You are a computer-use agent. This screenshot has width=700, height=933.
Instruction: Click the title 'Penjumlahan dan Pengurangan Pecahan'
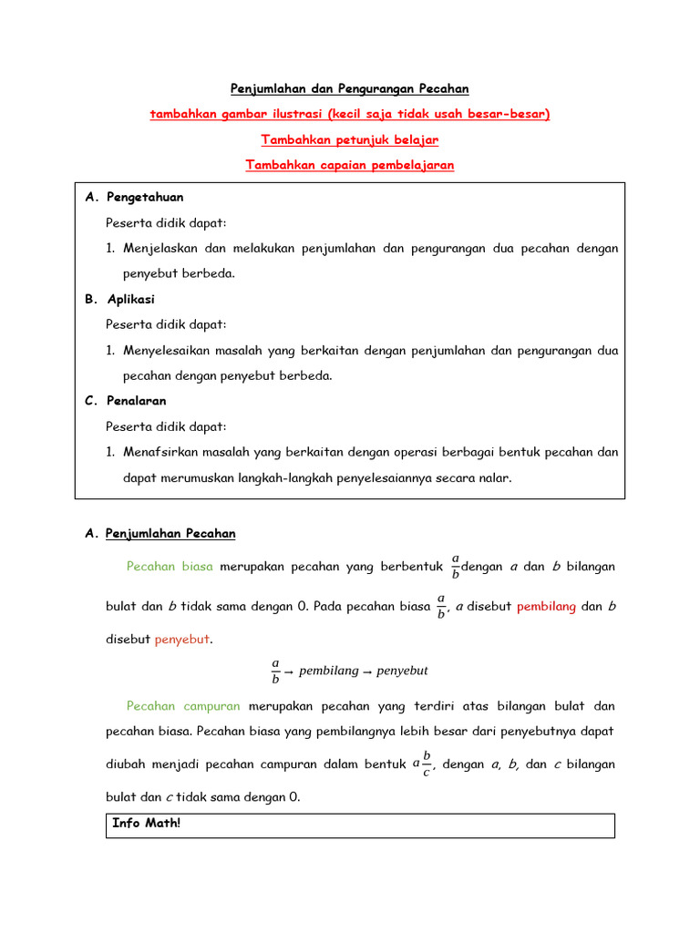[349, 88]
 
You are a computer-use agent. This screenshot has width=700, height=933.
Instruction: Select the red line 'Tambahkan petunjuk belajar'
[349, 139]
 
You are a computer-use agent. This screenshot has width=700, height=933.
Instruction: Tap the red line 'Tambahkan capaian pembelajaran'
[349, 165]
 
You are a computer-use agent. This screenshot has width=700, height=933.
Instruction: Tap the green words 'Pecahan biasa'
[170, 567]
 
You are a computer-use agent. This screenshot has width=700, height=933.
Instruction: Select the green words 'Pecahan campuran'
[183, 706]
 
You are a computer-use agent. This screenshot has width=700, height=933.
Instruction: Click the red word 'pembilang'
[546, 606]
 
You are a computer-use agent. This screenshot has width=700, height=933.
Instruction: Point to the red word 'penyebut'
[182, 640]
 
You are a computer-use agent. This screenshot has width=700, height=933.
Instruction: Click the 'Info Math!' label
[147, 824]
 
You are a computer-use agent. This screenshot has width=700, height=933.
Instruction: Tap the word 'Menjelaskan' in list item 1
[161, 248]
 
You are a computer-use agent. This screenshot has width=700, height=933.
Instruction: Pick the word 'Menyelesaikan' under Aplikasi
[168, 350]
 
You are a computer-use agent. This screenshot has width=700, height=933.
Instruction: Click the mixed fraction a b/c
[422, 764]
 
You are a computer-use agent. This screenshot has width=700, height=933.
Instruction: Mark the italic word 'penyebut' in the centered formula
[402, 672]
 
